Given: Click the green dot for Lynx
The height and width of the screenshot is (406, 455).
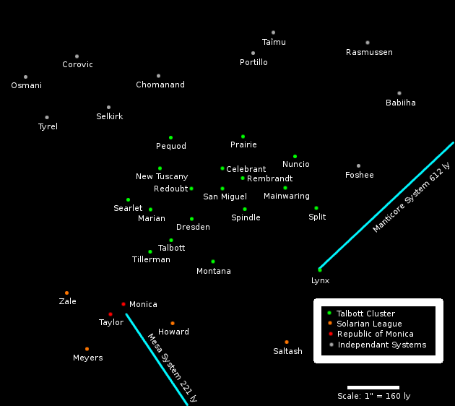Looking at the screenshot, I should point(320,269).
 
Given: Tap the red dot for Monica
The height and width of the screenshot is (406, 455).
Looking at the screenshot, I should point(123,304).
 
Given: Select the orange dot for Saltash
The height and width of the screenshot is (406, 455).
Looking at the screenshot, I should point(287,342).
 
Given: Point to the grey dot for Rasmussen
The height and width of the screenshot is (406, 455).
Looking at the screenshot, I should point(368,43).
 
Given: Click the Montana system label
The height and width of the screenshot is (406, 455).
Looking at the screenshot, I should point(214,271).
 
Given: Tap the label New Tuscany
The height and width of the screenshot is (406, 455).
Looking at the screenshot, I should point(162,176).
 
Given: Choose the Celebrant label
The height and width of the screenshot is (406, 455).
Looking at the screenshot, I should point(246,169).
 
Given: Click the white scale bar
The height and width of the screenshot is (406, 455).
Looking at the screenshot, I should point(373,387).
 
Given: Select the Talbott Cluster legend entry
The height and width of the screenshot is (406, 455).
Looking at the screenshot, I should point(365,314).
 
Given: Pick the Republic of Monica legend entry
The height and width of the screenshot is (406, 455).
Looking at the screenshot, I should point(375,334).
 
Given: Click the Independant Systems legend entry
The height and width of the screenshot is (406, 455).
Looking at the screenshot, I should point(381,345).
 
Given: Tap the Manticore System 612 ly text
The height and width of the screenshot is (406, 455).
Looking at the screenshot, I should point(411,197).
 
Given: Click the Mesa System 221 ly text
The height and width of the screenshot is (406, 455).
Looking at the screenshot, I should point(173,367).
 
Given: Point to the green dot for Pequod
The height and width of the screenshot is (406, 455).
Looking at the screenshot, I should point(170,137).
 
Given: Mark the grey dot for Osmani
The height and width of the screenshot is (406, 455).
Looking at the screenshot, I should point(25,77).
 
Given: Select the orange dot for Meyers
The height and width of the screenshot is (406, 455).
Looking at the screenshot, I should point(87,349).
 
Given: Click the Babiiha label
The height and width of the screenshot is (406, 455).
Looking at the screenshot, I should point(401,103).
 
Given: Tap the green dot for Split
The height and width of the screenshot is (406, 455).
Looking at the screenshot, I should point(316,208).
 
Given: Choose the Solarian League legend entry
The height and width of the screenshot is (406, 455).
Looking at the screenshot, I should point(369,324).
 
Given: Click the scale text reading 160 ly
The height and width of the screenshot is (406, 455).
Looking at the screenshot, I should point(373,396).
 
